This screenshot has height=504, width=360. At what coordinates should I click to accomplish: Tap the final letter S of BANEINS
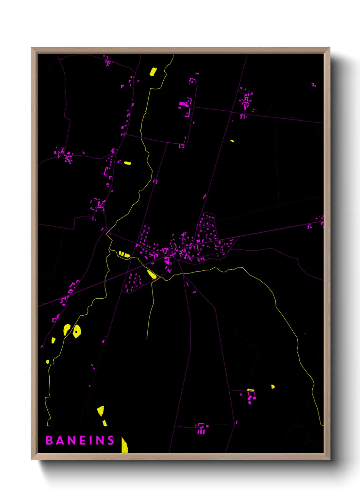click(111, 440)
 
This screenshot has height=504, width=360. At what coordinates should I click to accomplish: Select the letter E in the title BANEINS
click(81, 440)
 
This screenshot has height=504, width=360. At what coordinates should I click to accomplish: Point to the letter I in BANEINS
click(91, 440)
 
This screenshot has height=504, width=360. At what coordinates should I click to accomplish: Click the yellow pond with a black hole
click(77, 331)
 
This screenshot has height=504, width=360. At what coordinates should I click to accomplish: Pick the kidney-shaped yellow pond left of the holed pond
click(67, 329)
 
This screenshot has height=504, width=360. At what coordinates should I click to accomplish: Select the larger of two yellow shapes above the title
click(100, 411)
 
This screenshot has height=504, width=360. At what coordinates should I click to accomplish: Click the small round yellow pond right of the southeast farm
click(273, 387)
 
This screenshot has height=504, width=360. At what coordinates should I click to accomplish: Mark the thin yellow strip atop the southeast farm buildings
click(251, 390)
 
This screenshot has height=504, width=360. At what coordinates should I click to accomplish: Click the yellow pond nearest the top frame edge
click(153, 72)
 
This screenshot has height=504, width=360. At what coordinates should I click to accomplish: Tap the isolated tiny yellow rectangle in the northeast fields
click(232, 141)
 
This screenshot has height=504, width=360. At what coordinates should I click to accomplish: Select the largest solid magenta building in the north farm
click(183, 104)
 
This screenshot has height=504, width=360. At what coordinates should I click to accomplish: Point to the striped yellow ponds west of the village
click(124, 254)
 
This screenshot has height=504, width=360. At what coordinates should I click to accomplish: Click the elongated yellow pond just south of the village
click(151, 274)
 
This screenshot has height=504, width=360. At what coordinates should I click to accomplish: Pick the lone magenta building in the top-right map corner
click(313, 84)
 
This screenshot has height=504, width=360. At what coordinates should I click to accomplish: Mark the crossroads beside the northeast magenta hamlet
click(232, 112)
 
